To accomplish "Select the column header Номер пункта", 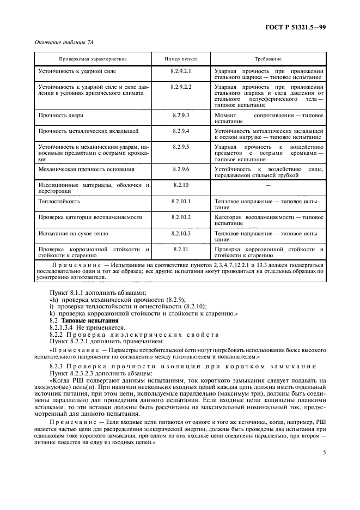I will coord(181,58).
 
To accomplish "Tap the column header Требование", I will coord(269,58).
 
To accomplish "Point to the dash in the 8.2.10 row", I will coord(269,186).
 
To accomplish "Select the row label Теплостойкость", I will coord(59,201).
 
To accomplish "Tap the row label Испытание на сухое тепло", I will coord(73,233).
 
